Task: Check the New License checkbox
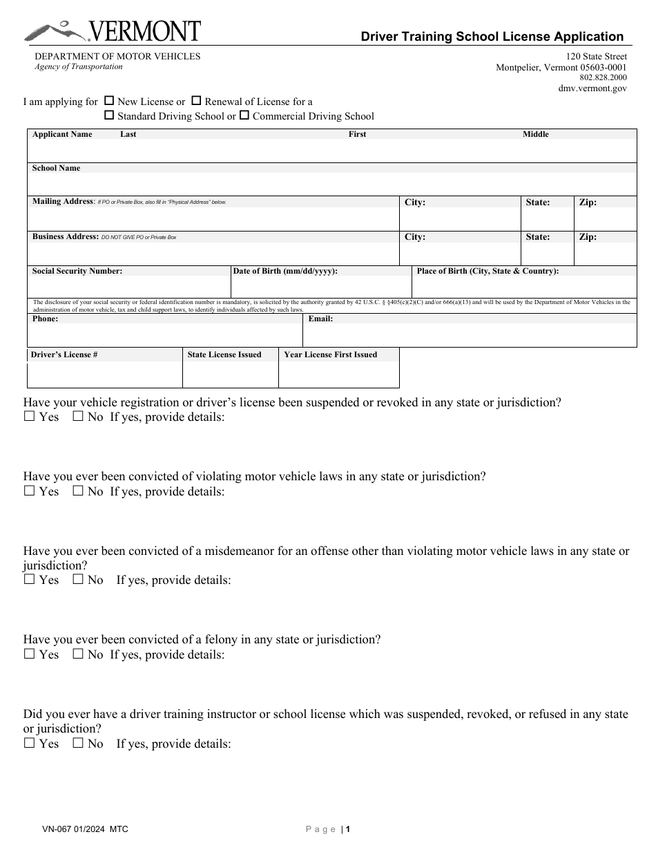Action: (x=109, y=101)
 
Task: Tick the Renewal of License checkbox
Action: (x=196, y=101)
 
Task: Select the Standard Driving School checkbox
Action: (x=109, y=115)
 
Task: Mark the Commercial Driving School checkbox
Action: (x=244, y=115)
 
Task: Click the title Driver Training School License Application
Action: (x=492, y=37)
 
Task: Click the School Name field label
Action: (x=56, y=168)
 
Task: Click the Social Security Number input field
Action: (x=128, y=287)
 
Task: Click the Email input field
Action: (x=470, y=335)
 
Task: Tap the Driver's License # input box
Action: (x=104, y=375)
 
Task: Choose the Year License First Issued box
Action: (x=338, y=375)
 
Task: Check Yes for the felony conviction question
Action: (x=29, y=654)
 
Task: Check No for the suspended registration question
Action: (x=78, y=417)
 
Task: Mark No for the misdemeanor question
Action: (x=78, y=580)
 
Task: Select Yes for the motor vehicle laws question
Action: (x=29, y=491)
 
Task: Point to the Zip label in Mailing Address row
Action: (x=588, y=202)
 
